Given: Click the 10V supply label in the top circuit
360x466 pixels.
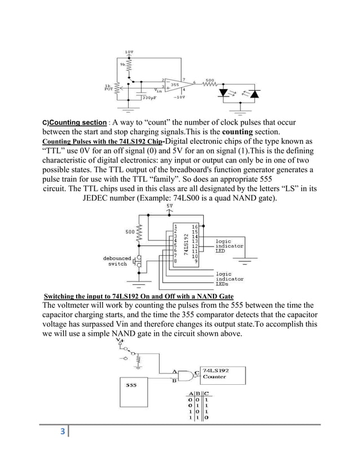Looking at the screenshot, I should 130,51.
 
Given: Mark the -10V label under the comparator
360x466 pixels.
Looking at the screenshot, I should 179,97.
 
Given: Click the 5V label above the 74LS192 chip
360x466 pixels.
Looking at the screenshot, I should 169,206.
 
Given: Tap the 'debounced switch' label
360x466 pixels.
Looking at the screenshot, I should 117,261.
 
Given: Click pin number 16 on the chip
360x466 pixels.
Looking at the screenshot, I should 194,226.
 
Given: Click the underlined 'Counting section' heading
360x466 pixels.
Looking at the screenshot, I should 78,122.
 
